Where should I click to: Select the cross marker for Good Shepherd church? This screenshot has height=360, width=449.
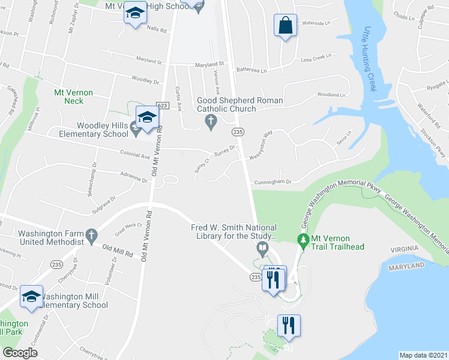211,122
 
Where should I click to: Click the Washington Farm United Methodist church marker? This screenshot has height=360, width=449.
91,234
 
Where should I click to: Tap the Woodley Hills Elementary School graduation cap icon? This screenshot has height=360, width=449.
146,117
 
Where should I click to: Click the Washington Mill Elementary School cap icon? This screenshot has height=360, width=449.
31,296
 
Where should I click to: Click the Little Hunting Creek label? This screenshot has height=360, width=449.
370,60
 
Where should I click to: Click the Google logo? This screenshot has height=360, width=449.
20,352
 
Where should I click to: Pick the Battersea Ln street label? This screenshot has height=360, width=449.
252,70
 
